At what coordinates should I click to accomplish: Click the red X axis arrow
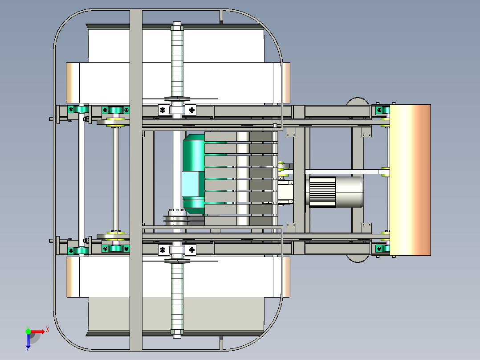37,332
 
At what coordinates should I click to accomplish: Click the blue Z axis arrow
28,340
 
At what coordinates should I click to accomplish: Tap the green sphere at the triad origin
28,331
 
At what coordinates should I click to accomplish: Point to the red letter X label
48,329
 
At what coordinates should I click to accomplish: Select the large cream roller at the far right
410,180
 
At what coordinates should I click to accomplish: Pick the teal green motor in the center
193,174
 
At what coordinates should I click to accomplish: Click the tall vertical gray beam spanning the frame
136,180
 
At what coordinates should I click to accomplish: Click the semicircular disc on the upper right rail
358,102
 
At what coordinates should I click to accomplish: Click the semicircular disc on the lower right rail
358,258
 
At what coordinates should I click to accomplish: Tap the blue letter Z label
28,349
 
